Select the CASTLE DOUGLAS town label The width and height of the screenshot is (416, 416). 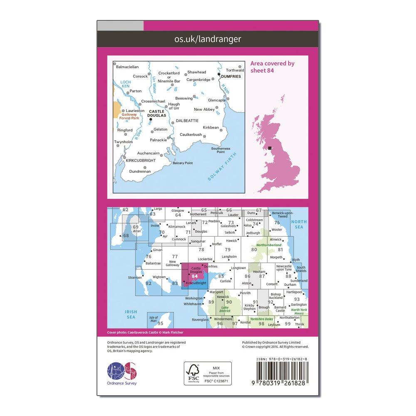pyautogui.click(x=157, y=113)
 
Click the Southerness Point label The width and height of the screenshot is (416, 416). pyautogui.click(x=220, y=150)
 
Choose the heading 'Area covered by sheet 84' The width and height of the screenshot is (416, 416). pyautogui.click(x=272, y=67)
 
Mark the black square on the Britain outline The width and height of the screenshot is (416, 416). pyautogui.click(x=270, y=148)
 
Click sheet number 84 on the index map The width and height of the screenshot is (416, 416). pyautogui.click(x=194, y=275)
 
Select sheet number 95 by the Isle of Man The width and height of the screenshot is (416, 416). pyautogui.click(x=159, y=323)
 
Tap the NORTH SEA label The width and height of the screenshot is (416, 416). pyautogui.click(x=298, y=225)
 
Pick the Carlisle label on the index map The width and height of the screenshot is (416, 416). pyautogui.click(x=225, y=281)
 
